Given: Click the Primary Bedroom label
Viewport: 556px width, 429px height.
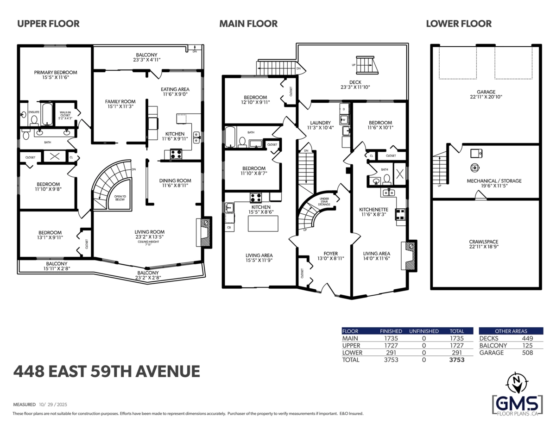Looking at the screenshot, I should click(56, 72).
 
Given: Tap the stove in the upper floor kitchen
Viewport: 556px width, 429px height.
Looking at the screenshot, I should click(176, 154).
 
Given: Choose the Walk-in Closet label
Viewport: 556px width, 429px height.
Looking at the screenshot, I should click(64, 114).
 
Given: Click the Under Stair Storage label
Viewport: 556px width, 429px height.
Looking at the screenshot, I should click(324, 201).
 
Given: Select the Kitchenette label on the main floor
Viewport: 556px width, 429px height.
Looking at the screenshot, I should click(373, 209).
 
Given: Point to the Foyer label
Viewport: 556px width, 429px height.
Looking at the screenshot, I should click(330, 253).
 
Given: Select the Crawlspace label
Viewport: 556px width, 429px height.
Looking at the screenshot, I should click(486, 242).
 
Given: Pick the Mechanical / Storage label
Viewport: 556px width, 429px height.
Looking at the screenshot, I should click(493, 180).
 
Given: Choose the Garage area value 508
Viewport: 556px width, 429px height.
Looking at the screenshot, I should click(527, 353).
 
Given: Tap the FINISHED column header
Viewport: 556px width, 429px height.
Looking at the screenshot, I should click(391, 331).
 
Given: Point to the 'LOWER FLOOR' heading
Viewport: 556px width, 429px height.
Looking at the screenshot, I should click(459, 24).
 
